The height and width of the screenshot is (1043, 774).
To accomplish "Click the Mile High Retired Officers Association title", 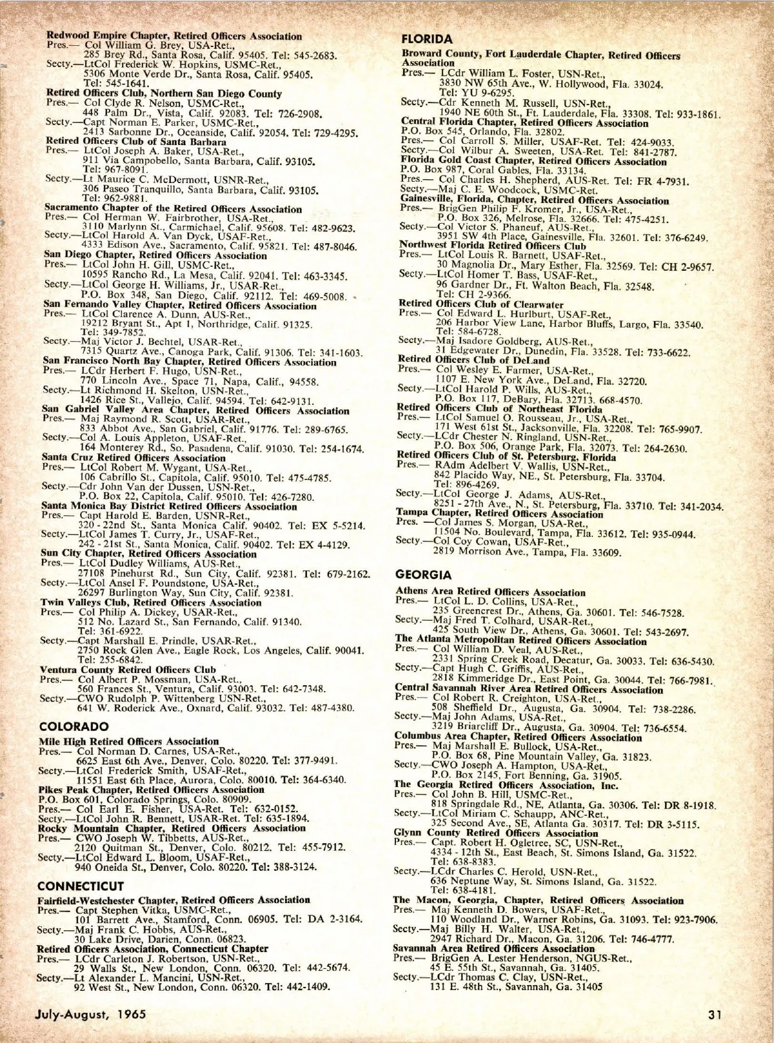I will (x=129, y=741).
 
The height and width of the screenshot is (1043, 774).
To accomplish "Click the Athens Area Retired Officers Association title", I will (x=490, y=592).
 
